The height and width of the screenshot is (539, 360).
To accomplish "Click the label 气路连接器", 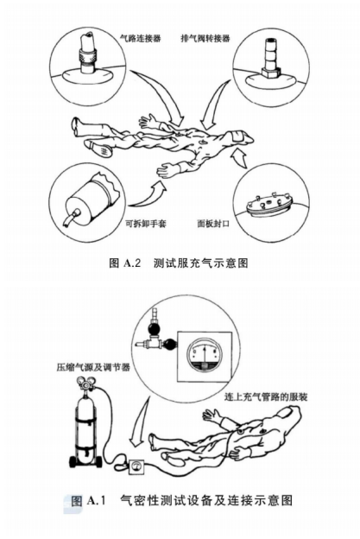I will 141,38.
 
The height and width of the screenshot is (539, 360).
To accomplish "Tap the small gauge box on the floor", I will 136,472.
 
